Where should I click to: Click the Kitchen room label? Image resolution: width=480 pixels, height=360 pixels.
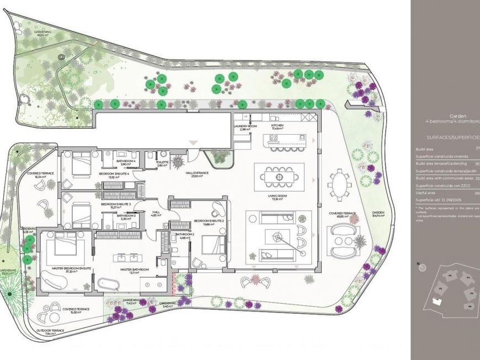277,126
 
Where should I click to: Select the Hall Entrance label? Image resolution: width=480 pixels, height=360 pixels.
197,174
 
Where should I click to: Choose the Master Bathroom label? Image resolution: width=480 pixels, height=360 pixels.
132,271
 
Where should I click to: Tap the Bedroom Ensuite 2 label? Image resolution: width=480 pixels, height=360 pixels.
208,222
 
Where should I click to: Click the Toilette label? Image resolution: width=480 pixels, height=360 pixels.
162,163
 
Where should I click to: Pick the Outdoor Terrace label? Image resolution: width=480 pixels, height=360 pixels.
50,332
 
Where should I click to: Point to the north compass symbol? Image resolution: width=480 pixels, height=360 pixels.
423,267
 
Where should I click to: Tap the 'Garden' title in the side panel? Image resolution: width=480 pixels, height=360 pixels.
458,116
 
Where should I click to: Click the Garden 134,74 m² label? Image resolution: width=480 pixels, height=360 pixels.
378,214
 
